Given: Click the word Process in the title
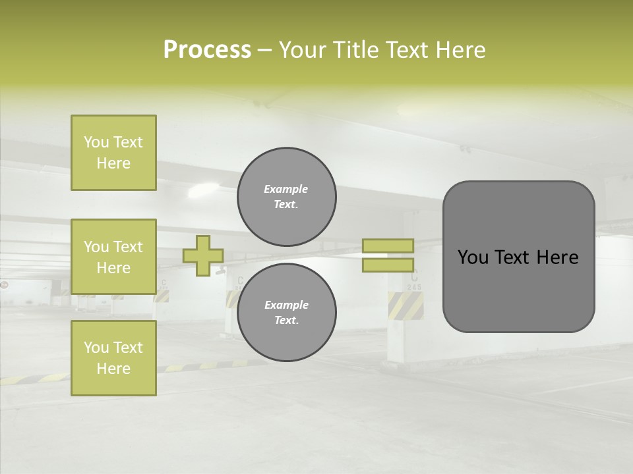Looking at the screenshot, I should click(207, 49).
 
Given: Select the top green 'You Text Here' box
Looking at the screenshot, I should click(113, 153).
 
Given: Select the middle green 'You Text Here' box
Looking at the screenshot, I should click(113, 257).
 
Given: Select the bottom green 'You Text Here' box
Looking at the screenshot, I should click(113, 358).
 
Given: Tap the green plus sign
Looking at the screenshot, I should click(203, 255).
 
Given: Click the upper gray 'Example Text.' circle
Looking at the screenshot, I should click(286, 197).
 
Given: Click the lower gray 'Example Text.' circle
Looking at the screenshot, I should click(286, 313).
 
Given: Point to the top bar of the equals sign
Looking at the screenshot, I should click(388, 246).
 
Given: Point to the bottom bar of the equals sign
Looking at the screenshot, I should click(388, 265).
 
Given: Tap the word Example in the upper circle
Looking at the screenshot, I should click(286, 189).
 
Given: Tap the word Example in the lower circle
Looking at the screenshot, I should click(286, 305).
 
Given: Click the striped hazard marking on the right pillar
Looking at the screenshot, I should click(405, 305).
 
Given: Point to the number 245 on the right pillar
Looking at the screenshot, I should click(414, 287).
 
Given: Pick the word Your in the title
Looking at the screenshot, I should click(304, 50).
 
